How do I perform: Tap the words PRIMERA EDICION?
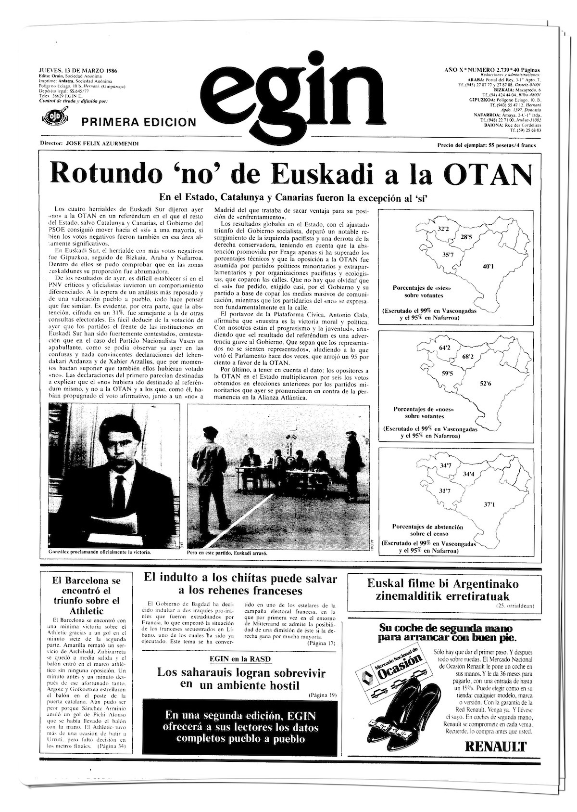tap(139, 122)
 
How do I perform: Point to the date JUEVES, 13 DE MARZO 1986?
tap(79, 70)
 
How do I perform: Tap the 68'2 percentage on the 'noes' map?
tap(468, 357)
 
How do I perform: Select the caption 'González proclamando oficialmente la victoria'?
tap(100, 552)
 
